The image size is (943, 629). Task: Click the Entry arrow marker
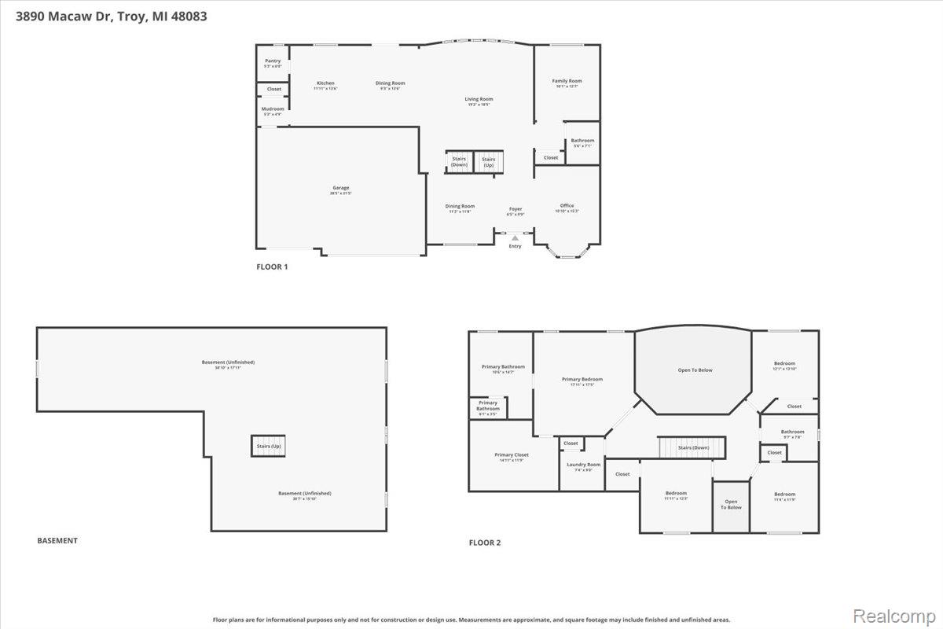pyautogui.click(x=515, y=237)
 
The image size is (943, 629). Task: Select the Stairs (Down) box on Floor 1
pyautogui.click(x=459, y=162)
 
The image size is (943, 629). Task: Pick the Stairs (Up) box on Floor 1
pyautogui.click(x=488, y=162)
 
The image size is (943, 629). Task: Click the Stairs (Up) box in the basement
pyautogui.click(x=268, y=446)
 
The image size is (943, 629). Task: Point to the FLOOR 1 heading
pyautogui.click(x=272, y=267)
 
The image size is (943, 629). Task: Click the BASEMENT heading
pyautogui.click(x=57, y=540)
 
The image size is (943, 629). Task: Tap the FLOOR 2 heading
pyautogui.click(x=485, y=543)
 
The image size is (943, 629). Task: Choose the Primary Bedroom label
pyautogui.click(x=582, y=381)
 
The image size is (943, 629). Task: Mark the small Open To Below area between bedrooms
pyautogui.click(x=731, y=505)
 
